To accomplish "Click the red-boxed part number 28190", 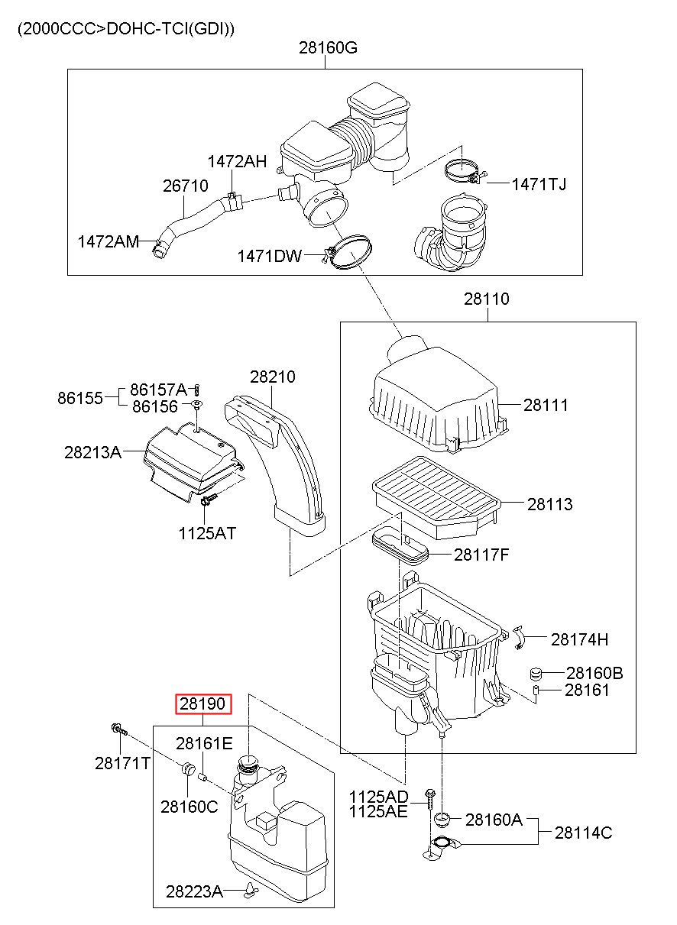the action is coord(202,703).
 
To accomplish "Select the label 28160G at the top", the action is coord(328,48).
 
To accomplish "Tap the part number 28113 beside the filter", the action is coord(550,504).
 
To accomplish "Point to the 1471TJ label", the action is coord(539,184).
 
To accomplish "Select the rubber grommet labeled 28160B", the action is coord(536,674).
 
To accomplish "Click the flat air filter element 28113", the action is coord(436,497).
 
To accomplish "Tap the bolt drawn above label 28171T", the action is coord(119,730).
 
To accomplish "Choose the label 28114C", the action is coord(583,833).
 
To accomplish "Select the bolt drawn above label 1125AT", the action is coord(209,502).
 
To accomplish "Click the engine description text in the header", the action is coord(126,29).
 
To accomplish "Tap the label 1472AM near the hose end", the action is coord(109,241).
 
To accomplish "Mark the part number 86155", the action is coord(79,398).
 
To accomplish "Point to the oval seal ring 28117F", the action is coord(400,547).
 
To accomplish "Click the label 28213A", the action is coord(93,452).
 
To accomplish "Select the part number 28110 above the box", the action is coord(487,299).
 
